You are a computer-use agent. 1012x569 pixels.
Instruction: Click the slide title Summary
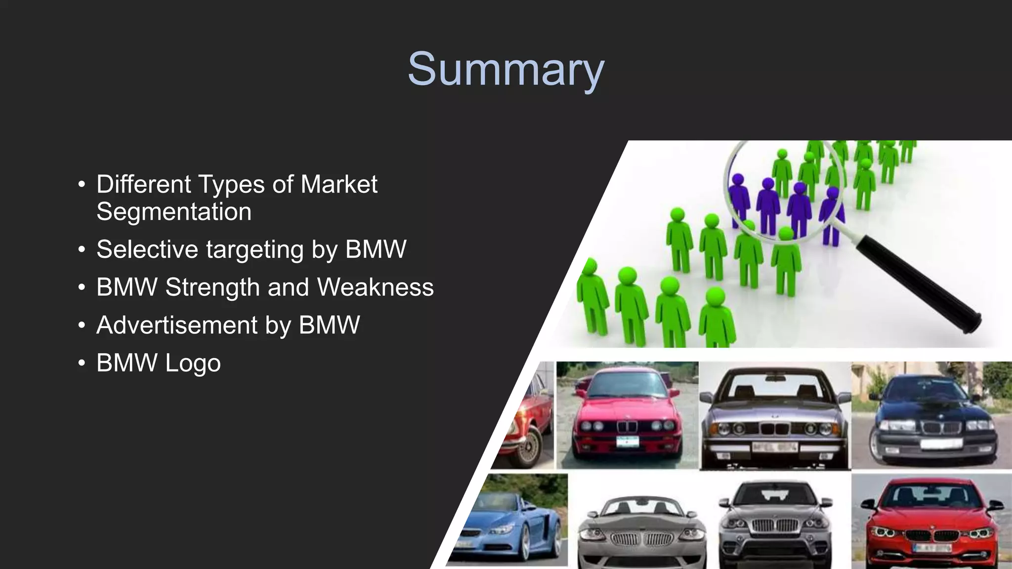506,70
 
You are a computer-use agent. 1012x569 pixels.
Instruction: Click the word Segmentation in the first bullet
174,212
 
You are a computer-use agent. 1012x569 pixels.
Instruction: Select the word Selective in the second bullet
147,249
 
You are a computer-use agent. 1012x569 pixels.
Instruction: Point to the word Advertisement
177,325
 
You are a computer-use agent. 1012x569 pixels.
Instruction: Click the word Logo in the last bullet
193,363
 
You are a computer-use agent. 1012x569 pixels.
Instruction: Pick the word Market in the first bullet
339,184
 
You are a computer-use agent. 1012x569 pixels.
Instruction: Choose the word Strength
213,287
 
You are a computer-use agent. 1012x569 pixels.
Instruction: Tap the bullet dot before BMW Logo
82,363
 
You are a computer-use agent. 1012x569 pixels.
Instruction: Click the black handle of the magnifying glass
919,284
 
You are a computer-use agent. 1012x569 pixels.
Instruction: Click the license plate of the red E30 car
627,441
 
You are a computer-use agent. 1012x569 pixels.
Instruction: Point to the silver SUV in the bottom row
775,524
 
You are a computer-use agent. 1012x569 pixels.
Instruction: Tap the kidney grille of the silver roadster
642,539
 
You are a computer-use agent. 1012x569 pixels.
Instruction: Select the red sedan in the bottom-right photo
931,524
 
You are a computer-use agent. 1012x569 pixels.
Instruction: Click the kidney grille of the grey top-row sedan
775,428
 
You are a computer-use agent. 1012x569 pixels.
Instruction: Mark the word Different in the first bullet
143,184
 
